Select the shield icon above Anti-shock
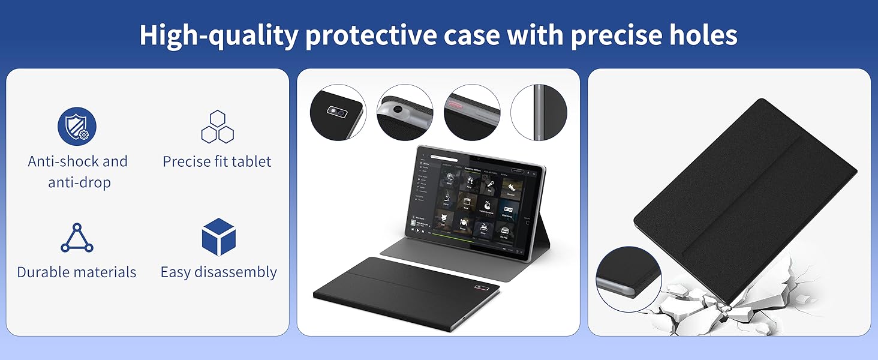pos(77,127)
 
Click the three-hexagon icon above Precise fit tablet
pos(217,127)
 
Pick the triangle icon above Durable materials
pos(77,238)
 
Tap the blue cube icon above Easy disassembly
pos(218,236)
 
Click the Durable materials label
pos(77,272)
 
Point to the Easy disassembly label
pos(218,272)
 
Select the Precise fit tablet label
pos(217,161)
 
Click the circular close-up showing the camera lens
pos(338,112)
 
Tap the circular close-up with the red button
pos(472,112)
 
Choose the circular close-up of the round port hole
pos(405,112)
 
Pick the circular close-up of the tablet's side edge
pos(538,112)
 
